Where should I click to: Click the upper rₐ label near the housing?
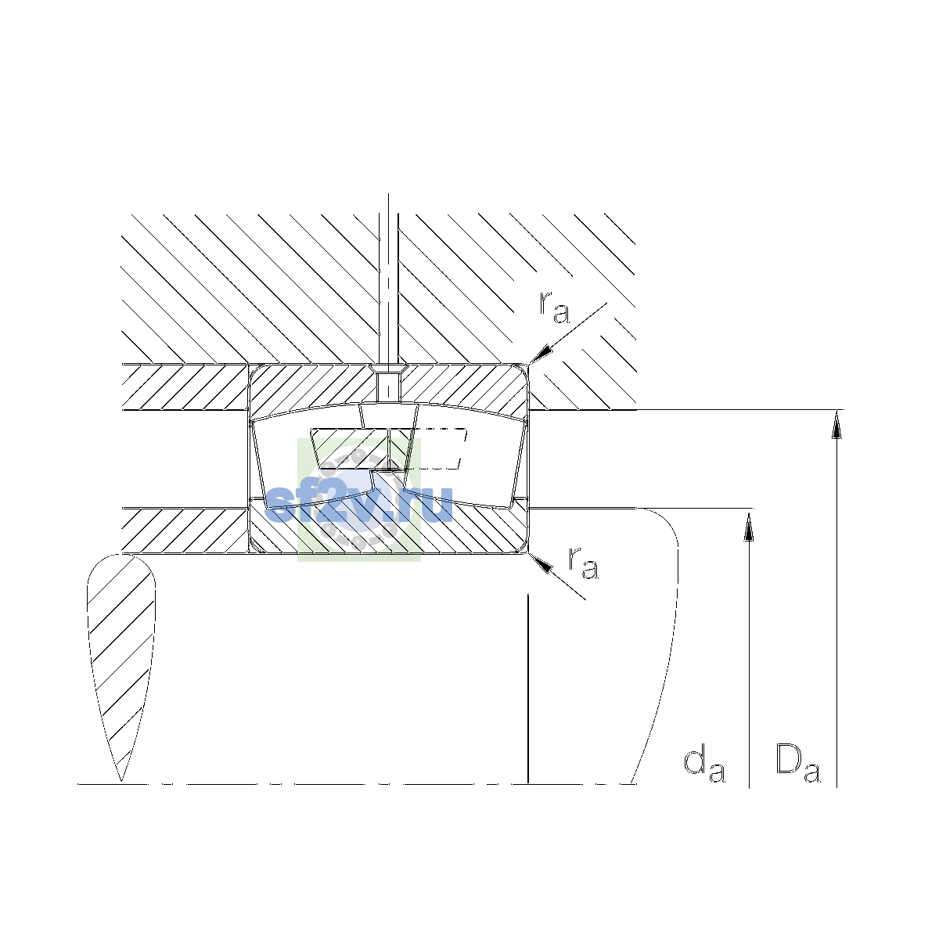pyautogui.click(x=554, y=308)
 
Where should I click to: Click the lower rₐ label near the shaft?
pyautogui.click(x=584, y=563)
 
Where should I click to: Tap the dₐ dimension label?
pyautogui.click(x=704, y=767)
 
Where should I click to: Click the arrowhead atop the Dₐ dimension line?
pyautogui.click(x=836, y=424)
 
